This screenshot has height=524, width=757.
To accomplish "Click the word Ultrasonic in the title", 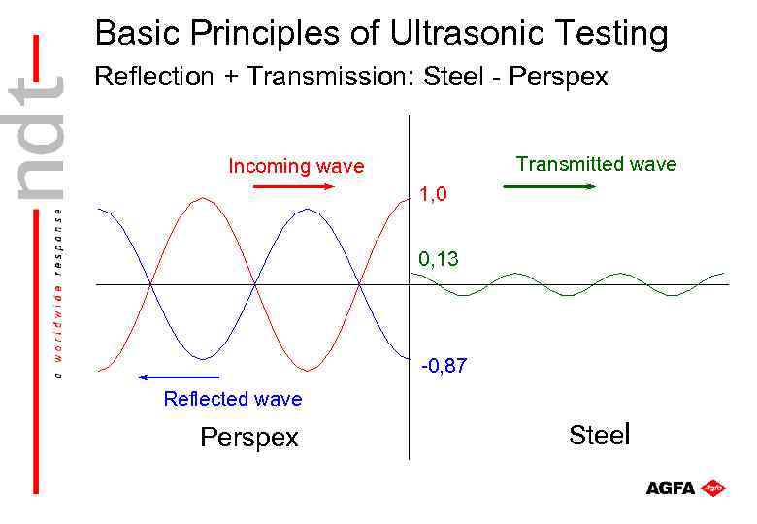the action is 460,34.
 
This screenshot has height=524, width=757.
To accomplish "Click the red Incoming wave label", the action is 296,166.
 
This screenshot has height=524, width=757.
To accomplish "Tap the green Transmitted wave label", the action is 596,164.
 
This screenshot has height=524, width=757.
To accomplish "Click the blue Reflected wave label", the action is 233,399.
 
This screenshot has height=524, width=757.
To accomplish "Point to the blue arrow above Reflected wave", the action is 179,377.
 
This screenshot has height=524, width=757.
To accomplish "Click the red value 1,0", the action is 433,195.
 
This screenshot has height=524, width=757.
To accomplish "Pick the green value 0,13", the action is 439,259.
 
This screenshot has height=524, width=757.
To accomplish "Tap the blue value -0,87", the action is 444,366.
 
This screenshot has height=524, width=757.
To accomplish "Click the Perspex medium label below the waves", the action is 249,438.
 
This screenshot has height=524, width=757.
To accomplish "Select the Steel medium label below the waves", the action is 600,435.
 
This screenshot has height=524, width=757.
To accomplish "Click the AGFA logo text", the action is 671,488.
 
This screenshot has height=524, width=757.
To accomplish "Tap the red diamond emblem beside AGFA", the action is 713,487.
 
